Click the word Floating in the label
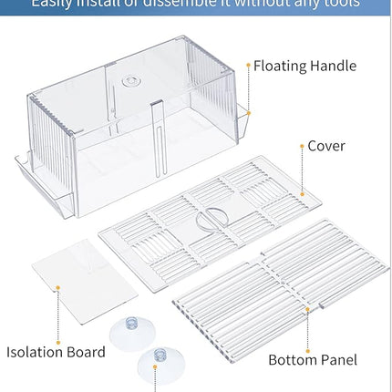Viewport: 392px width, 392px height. pos(281,67)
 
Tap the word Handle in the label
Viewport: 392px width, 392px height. pos(334,67)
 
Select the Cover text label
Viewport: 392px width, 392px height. pos(325,146)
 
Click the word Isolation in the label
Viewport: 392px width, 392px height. pos(39,352)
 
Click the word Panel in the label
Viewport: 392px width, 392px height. pos(338,359)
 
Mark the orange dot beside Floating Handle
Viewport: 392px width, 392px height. pos(247,67)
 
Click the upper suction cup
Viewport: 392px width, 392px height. pos(128,334)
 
